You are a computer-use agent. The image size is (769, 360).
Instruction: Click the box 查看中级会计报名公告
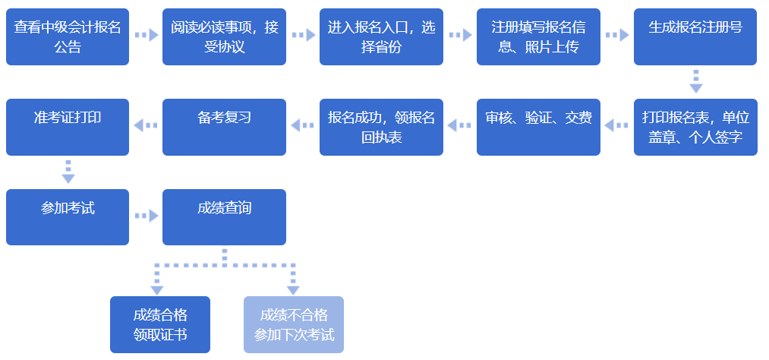tap(68, 36)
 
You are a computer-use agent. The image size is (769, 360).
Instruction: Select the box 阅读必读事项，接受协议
tap(224, 36)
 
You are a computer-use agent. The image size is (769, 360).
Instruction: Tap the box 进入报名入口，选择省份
tap(381, 36)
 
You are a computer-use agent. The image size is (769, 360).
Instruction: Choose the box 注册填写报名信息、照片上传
tap(538, 36)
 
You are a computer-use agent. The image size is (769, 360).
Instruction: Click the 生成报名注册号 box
tap(695, 36)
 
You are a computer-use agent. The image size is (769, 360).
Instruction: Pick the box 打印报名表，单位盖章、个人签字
tap(695, 127)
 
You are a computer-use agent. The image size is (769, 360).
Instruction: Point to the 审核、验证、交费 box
tap(538, 127)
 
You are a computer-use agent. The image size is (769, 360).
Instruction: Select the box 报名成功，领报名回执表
tap(381, 127)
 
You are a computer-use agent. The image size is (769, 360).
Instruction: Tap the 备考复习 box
tap(224, 127)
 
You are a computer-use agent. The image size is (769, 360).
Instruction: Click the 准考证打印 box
tap(68, 127)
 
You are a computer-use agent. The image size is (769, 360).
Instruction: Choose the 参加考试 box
tap(68, 217)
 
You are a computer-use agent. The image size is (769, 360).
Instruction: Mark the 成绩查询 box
tap(224, 217)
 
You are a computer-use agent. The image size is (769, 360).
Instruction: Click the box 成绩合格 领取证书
tap(159, 325)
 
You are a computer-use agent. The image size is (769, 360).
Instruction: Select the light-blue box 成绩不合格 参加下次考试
tap(294, 325)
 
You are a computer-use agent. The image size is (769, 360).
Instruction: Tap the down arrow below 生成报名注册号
tap(695, 81)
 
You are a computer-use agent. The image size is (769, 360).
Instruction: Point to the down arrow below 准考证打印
tap(68, 172)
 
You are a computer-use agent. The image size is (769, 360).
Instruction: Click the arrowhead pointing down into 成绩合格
tap(157, 289)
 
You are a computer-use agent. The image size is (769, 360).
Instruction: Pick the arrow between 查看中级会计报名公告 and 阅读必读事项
tap(146, 35)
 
